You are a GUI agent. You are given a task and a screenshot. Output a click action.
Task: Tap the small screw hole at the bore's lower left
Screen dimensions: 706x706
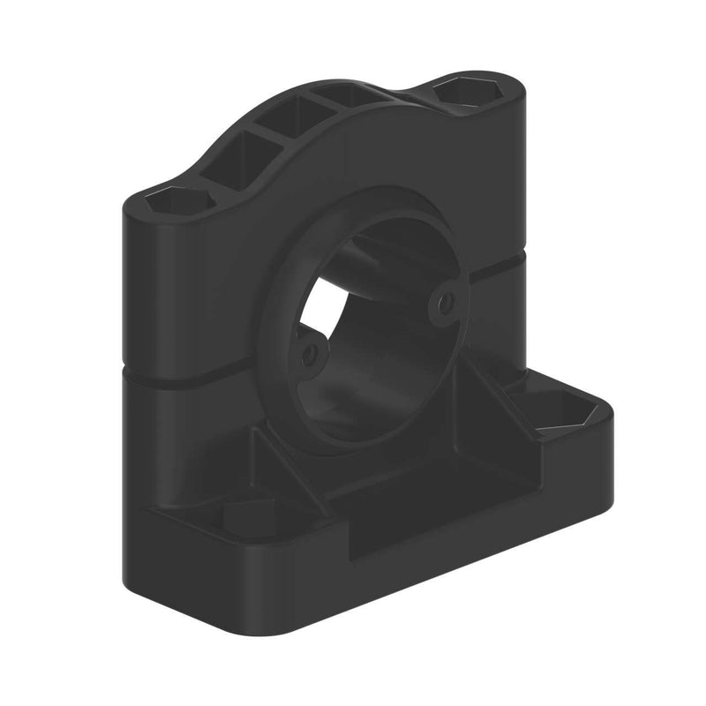(308, 355)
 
